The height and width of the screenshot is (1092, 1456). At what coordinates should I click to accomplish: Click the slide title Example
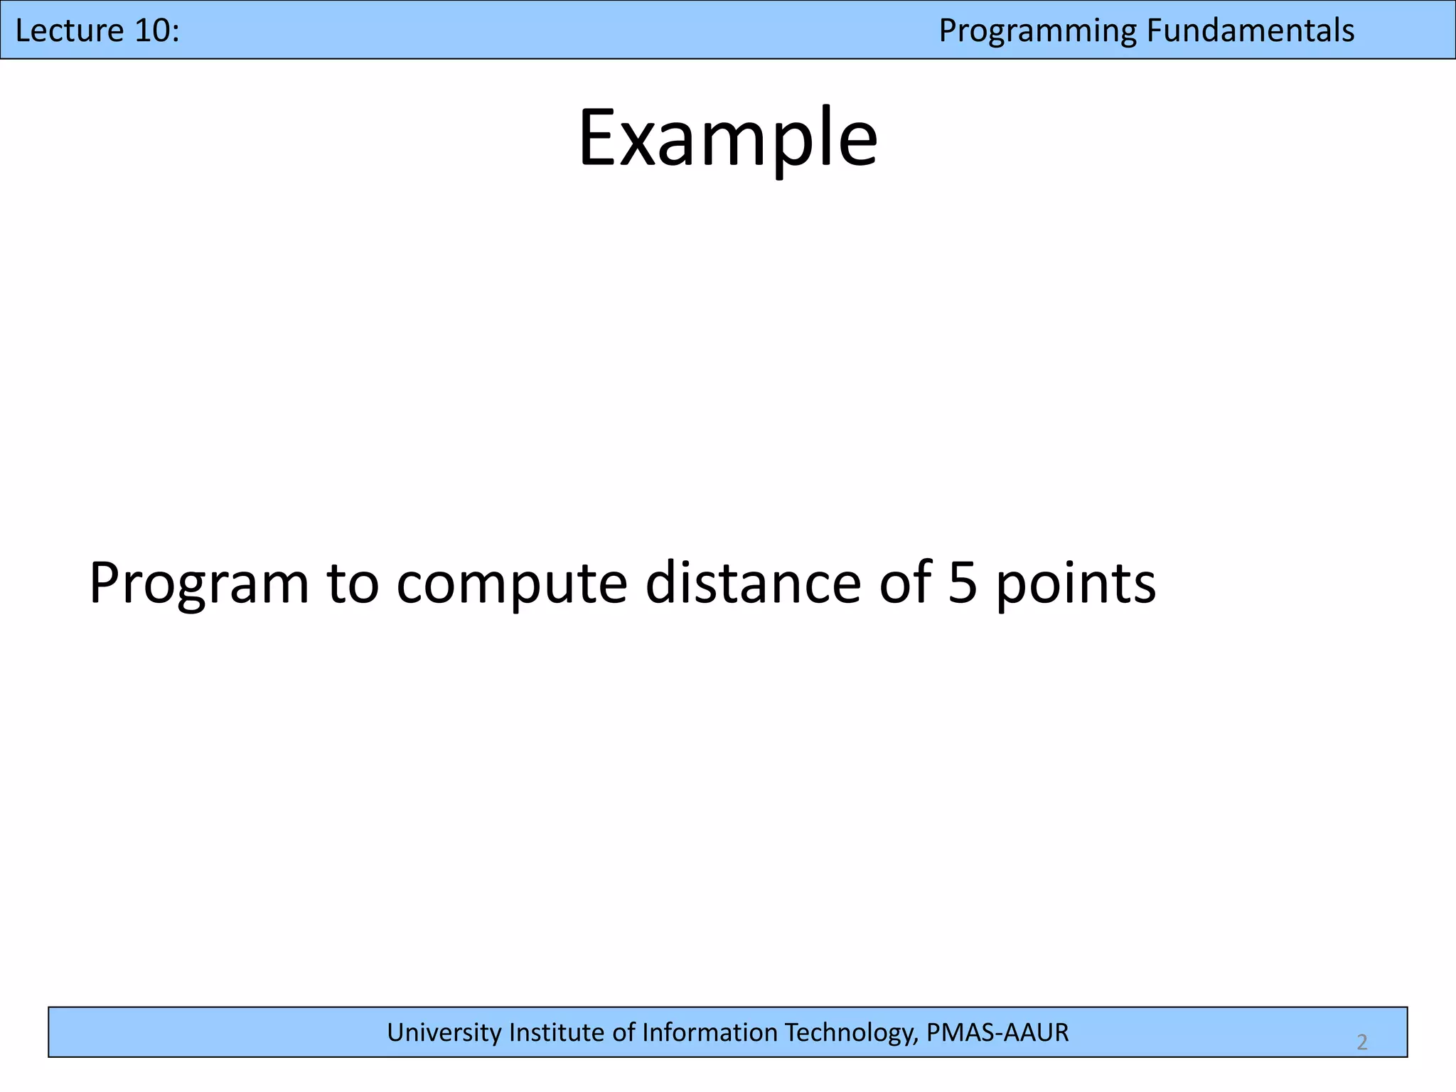[x=727, y=139]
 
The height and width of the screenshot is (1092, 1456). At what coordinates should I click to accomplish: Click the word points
[x=1076, y=584]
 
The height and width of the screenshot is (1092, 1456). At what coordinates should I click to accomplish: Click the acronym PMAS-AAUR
[x=997, y=1032]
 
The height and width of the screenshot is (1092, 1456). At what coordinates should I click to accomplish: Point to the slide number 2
[x=1361, y=1042]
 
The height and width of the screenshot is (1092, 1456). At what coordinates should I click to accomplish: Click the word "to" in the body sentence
[x=353, y=584]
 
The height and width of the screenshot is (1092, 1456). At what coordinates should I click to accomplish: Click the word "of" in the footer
[x=625, y=1032]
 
